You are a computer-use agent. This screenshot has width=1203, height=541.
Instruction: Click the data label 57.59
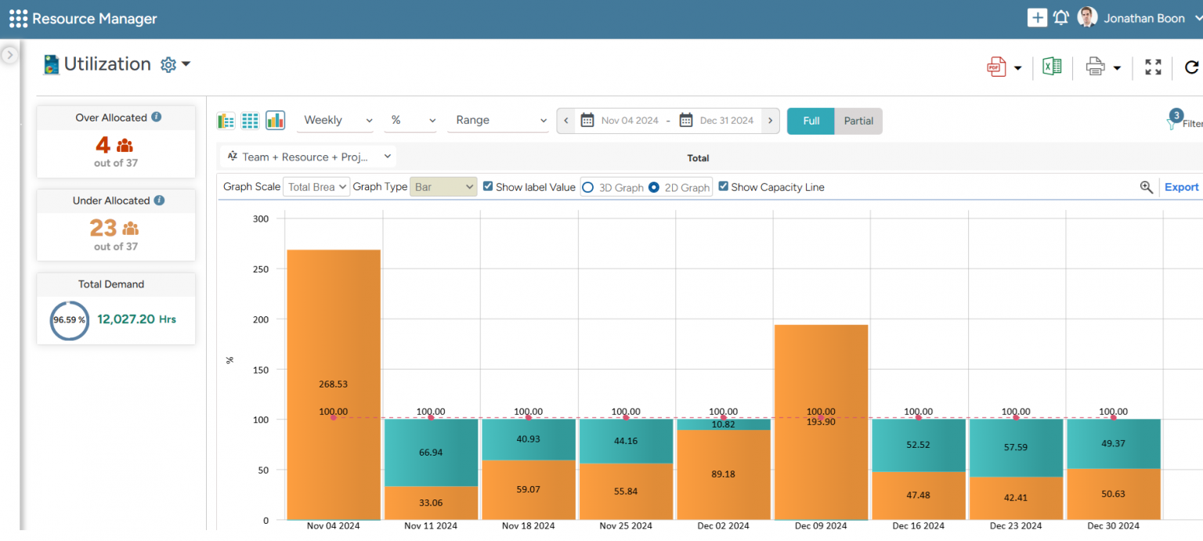tap(1016, 447)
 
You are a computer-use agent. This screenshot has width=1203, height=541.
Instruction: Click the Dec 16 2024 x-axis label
tap(919, 526)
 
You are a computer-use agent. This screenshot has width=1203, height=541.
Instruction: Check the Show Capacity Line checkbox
tap(724, 187)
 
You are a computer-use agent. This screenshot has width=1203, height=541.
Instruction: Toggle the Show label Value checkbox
tap(488, 187)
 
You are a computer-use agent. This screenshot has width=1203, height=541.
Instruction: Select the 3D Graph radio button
tap(587, 188)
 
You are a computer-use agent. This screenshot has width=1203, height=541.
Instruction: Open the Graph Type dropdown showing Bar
tap(443, 187)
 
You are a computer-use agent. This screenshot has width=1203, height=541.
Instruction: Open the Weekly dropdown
tap(338, 121)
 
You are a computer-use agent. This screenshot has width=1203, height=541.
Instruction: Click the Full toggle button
tap(811, 121)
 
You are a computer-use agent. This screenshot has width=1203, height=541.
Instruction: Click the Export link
tap(1181, 187)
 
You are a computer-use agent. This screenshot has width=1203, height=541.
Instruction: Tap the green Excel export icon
tap(1052, 67)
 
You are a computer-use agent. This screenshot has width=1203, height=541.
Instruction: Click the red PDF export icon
tap(995, 67)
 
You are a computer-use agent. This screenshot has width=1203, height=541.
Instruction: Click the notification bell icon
tap(1061, 18)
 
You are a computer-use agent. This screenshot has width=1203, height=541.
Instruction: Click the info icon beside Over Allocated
tap(157, 117)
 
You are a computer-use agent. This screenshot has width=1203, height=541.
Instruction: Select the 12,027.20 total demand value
tap(126, 319)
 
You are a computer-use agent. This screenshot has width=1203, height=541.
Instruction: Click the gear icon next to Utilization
tap(168, 65)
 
